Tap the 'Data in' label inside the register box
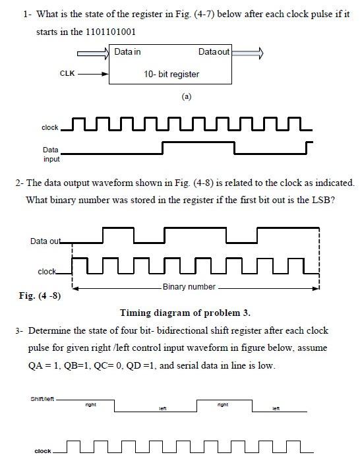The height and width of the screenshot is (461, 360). tap(127, 51)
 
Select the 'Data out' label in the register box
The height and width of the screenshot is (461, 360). tap(214, 51)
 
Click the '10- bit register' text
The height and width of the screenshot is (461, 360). tap(171, 74)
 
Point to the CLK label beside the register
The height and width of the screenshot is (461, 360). tap(67, 74)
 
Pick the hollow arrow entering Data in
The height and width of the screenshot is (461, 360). tap(93, 52)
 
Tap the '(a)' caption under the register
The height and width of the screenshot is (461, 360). tap(186, 96)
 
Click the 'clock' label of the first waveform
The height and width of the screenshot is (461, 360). tap(49, 127)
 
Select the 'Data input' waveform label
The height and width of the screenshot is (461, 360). tap(51, 154)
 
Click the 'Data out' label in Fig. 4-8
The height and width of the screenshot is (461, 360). tap(45, 241)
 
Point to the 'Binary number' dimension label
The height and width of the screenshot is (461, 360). tap(189, 287)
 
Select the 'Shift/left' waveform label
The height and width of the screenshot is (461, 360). tap(43, 399)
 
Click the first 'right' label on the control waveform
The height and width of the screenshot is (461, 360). tap(91, 404)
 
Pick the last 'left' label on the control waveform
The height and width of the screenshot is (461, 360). tap(276, 410)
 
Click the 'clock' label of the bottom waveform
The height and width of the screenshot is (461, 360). tap(43, 451)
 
